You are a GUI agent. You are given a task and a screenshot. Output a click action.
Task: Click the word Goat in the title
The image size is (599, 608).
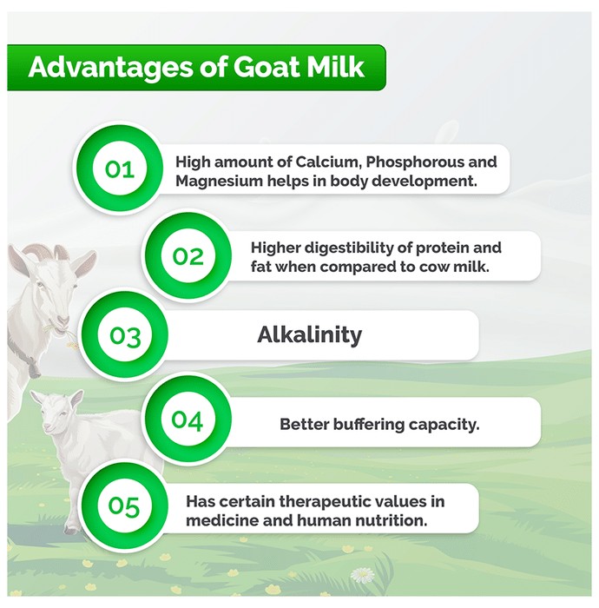pos(266,67)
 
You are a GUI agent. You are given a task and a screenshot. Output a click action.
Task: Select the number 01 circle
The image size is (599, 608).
pos(119,169)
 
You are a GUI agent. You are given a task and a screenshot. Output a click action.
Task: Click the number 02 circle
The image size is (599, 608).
pos(188,256)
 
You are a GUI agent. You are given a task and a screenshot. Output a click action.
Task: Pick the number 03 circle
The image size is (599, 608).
pos(124,335)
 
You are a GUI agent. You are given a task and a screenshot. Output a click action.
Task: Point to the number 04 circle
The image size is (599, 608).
pos(188,420)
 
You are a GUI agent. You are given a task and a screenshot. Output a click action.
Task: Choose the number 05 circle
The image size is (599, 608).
pos(124,506)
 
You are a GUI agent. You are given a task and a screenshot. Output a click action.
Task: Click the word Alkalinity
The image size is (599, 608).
pos(310,334)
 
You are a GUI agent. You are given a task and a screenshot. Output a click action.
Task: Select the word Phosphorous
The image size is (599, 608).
pos(414,162)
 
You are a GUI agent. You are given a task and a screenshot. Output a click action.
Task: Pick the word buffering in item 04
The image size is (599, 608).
pos(368,425)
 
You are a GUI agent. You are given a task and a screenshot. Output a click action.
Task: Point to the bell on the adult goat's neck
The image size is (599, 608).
pos(33,368)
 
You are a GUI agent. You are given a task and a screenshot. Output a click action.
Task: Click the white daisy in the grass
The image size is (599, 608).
pos(362,574)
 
